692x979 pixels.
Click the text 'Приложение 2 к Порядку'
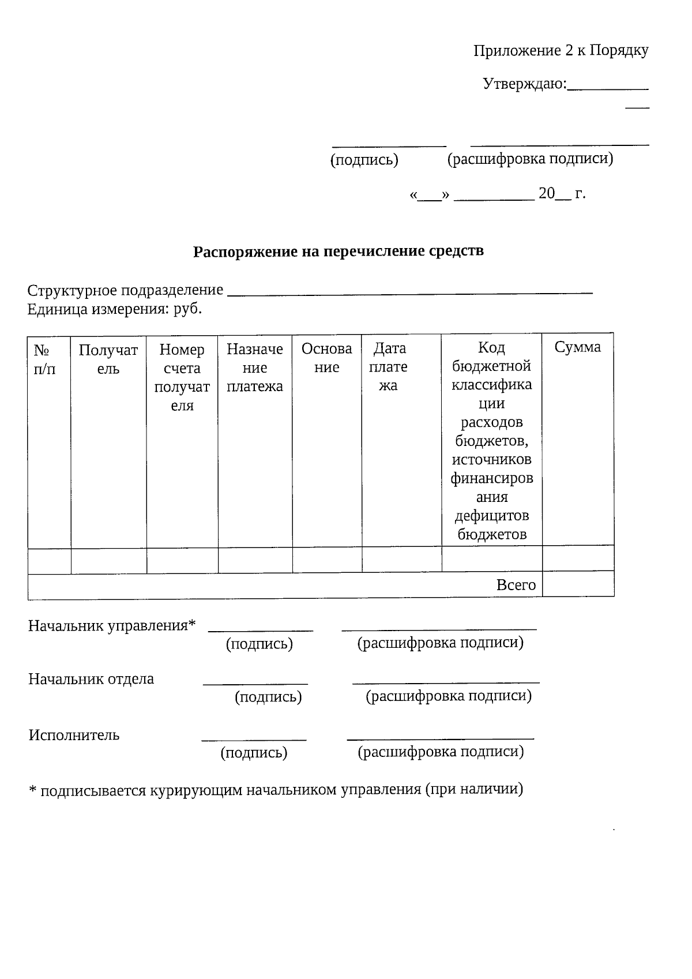[x=561, y=51]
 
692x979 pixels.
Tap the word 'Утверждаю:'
[x=524, y=84]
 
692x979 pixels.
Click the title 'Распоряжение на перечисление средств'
[x=338, y=252]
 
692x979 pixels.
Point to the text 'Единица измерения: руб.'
[x=115, y=309]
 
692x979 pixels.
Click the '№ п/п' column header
[x=44, y=359]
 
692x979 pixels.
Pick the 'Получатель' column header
[x=108, y=359]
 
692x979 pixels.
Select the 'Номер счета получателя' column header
[x=182, y=377]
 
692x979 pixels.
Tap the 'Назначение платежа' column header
[x=254, y=367]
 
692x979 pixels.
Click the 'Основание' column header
[x=326, y=358]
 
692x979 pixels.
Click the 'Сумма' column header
[x=577, y=347]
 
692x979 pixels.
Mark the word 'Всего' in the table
[x=516, y=585]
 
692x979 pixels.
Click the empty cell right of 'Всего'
[x=578, y=584]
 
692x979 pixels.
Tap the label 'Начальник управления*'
[x=112, y=625]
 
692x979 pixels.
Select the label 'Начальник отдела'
[x=91, y=678]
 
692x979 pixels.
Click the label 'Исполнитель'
[x=74, y=735]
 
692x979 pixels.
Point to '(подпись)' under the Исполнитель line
[x=254, y=753]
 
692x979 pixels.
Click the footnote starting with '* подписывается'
[x=276, y=789]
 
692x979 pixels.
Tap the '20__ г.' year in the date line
[x=561, y=193]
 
